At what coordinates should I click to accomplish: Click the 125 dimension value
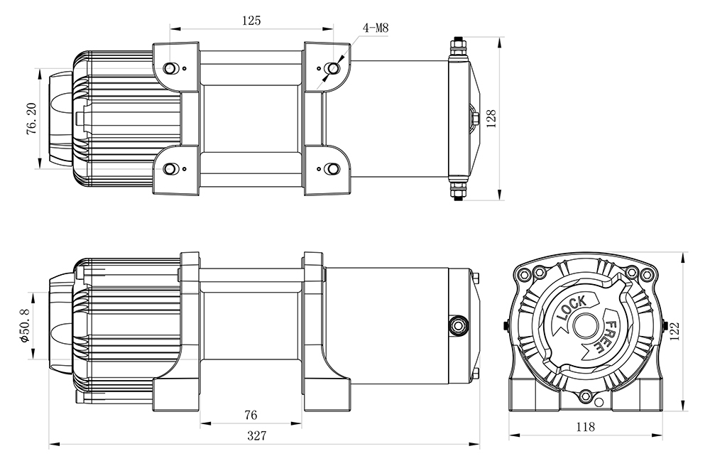point(251,21)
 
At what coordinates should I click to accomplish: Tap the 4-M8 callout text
point(376,29)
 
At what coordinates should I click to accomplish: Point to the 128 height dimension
point(490,116)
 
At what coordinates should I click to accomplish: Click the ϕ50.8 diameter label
point(23,325)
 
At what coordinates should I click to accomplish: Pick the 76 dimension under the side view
point(250,414)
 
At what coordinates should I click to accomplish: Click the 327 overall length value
point(256,436)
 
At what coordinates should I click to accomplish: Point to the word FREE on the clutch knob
point(607,335)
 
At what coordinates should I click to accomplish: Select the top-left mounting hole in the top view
point(170,68)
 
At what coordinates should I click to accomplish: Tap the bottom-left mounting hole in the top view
point(170,168)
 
